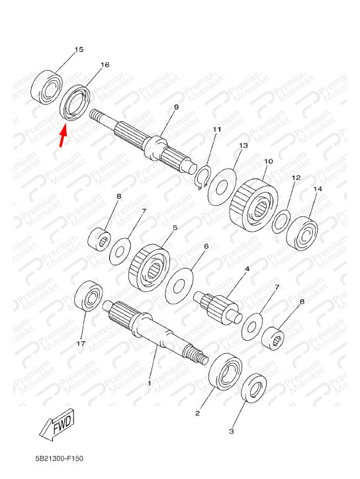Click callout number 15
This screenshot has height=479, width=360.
click(x=79, y=50)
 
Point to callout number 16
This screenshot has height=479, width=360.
click(x=105, y=65)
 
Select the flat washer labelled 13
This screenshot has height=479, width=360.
click(x=222, y=186)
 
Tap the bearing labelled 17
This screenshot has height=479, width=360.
click(x=89, y=296)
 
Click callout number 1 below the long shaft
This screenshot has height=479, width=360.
click(x=150, y=382)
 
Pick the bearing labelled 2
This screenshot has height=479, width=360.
click(x=225, y=372)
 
